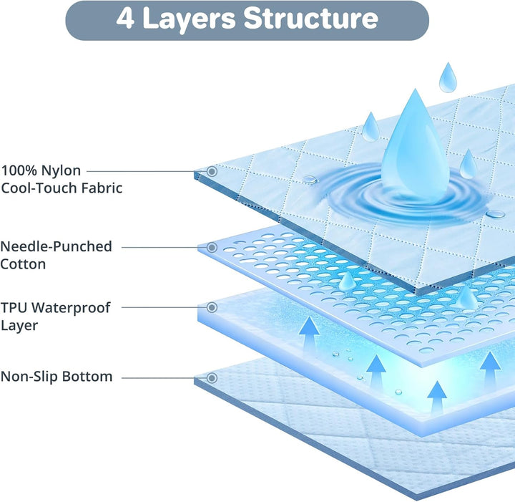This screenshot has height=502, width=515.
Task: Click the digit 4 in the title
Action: [125, 18]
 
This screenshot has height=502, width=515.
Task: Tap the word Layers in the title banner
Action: [190, 20]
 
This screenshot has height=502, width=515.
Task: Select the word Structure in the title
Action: [311, 18]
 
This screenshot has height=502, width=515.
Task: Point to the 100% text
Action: [19, 170]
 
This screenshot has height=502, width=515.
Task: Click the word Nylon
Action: [61, 171]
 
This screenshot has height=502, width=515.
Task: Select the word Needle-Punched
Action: [57, 246]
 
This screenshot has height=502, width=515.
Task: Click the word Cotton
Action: [23, 264]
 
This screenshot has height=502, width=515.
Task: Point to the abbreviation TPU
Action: [14, 308]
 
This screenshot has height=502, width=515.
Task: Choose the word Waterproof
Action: [71, 309]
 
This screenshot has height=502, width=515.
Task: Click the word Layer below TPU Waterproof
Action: [19, 326]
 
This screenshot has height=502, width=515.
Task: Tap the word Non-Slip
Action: [29, 377]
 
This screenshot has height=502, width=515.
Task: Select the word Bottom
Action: [87, 377]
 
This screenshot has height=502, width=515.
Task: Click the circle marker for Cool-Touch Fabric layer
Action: [212, 171]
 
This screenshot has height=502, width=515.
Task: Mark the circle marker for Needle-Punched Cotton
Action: [212, 247]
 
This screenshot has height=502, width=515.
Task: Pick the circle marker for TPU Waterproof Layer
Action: [212, 307]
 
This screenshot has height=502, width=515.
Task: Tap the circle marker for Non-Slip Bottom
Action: [212, 378]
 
